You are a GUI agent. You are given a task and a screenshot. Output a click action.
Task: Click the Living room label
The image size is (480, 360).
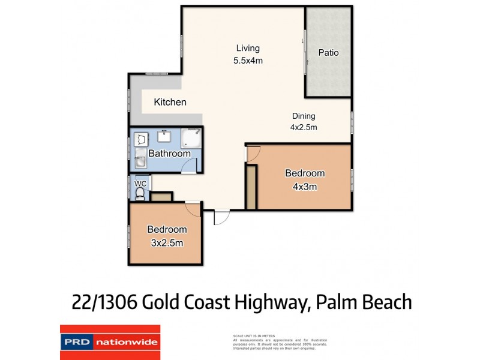pyautogui.click(x=248, y=48)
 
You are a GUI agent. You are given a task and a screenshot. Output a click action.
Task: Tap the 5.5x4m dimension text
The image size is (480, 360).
pyautogui.click(x=248, y=61)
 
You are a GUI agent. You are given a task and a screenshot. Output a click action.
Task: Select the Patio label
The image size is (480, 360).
pyautogui.click(x=328, y=53)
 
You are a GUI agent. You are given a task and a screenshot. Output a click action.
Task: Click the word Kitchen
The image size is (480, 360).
pyautogui.click(x=170, y=102)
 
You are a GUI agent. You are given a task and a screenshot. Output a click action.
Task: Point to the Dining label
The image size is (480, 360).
pyautogui.click(x=304, y=116)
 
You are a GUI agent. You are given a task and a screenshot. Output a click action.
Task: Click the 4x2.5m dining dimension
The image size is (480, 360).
pyautogui.click(x=304, y=127)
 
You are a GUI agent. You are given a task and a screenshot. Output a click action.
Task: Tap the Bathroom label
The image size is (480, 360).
pyautogui.click(x=169, y=154)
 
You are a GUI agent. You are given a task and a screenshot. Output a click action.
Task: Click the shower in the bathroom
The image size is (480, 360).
pyautogui.click(x=193, y=138)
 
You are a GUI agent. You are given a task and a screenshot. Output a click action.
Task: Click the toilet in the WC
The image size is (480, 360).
pyautogui.click(x=140, y=193)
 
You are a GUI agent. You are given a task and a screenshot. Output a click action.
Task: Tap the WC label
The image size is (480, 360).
pyautogui.click(x=140, y=182)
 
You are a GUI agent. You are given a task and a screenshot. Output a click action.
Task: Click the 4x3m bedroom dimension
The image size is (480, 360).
pyautogui.click(x=305, y=186)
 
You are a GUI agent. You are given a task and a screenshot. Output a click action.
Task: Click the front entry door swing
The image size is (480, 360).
pyautogui.click(x=221, y=217)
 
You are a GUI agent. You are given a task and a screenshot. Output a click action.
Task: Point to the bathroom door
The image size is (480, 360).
pyautogui.click(x=188, y=168)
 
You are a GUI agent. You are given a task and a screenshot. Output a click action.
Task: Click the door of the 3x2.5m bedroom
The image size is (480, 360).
pyautogui.click(x=193, y=209)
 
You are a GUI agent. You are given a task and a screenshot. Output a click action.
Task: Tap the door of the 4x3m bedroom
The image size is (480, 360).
pyautogui.click(x=253, y=154)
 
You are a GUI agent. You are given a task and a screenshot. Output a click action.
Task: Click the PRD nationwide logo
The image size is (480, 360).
pyautogui.click(x=110, y=342)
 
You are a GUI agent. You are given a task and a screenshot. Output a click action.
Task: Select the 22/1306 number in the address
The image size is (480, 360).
pyautogui.click(x=105, y=302)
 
